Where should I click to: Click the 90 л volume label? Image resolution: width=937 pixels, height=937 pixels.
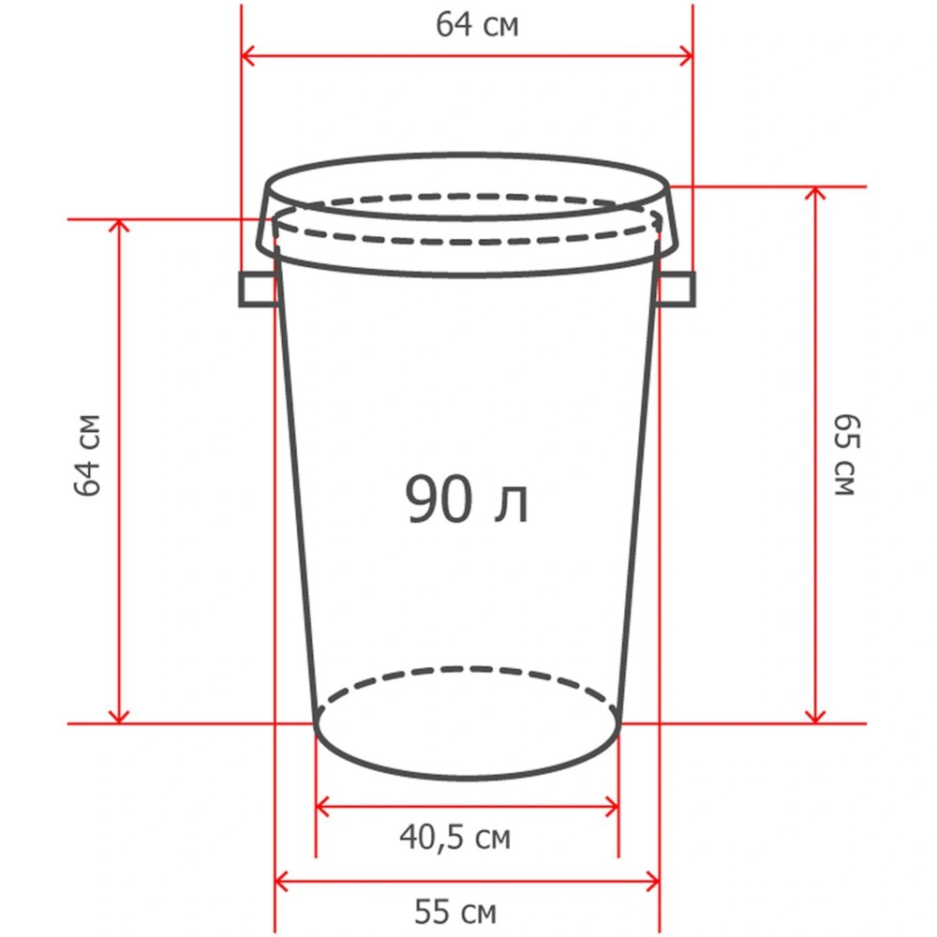tap(467, 499)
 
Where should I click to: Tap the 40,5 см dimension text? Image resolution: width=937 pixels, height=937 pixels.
tap(455, 837)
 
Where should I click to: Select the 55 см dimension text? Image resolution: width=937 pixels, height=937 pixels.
tap(455, 912)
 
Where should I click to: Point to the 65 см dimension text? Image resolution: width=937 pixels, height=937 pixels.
tap(847, 454)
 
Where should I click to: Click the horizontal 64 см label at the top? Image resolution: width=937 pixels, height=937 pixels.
tap(477, 25)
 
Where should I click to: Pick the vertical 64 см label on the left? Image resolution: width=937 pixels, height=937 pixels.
tap(88, 454)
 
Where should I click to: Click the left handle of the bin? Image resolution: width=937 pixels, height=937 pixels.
tap(260, 290)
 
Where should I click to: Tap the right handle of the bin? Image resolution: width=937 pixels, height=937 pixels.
tap(676, 290)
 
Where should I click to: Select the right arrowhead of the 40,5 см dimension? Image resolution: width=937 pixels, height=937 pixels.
tap(612, 807)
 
